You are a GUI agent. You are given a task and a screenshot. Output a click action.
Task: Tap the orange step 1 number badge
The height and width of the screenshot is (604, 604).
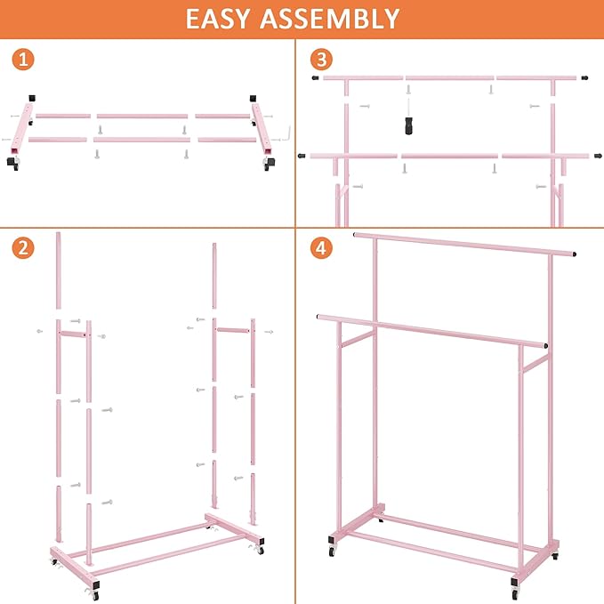[24, 60]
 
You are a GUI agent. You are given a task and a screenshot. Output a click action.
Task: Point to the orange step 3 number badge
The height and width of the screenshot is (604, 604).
[321, 60]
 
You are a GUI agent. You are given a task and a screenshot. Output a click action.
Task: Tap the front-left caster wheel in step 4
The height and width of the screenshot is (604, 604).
[333, 552]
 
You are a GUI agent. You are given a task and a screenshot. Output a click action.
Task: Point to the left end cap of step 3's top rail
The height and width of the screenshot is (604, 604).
[316, 78]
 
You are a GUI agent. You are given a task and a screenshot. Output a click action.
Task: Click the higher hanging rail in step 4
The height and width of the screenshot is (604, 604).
[463, 245]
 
